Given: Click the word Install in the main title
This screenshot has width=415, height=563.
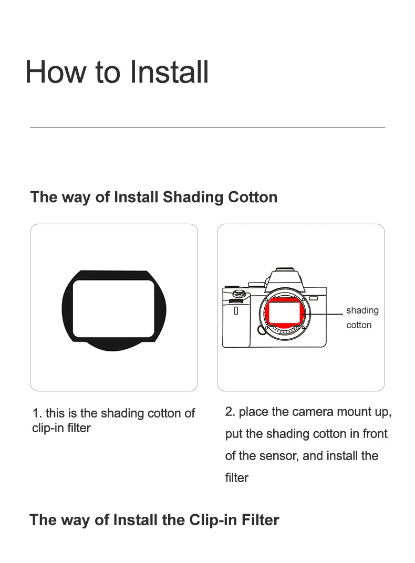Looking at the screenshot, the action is [x=169, y=72].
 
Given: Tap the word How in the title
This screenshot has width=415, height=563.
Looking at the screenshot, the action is [x=56, y=72].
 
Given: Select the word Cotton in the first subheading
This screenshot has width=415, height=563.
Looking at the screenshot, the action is [x=253, y=197].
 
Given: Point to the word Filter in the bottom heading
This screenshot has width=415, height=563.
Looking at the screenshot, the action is [x=260, y=520].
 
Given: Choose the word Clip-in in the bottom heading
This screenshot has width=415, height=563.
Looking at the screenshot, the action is [x=213, y=520].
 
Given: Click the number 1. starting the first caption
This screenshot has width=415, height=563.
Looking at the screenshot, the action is [x=37, y=413].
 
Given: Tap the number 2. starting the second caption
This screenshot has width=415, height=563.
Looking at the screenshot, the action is [x=230, y=412].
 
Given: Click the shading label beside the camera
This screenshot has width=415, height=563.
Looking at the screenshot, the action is [x=362, y=310].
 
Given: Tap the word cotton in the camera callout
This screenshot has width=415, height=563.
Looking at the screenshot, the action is [x=359, y=325].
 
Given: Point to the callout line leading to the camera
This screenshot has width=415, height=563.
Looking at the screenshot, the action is [x=323, y=314].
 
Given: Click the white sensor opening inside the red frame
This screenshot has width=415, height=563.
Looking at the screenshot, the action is [x=285, y=312].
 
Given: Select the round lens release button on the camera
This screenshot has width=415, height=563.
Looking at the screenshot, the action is [x=262, y=330].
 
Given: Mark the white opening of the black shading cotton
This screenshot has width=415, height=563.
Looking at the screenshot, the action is [x=113, y=309].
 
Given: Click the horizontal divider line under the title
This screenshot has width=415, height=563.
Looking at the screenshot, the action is [x=207, y=127].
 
